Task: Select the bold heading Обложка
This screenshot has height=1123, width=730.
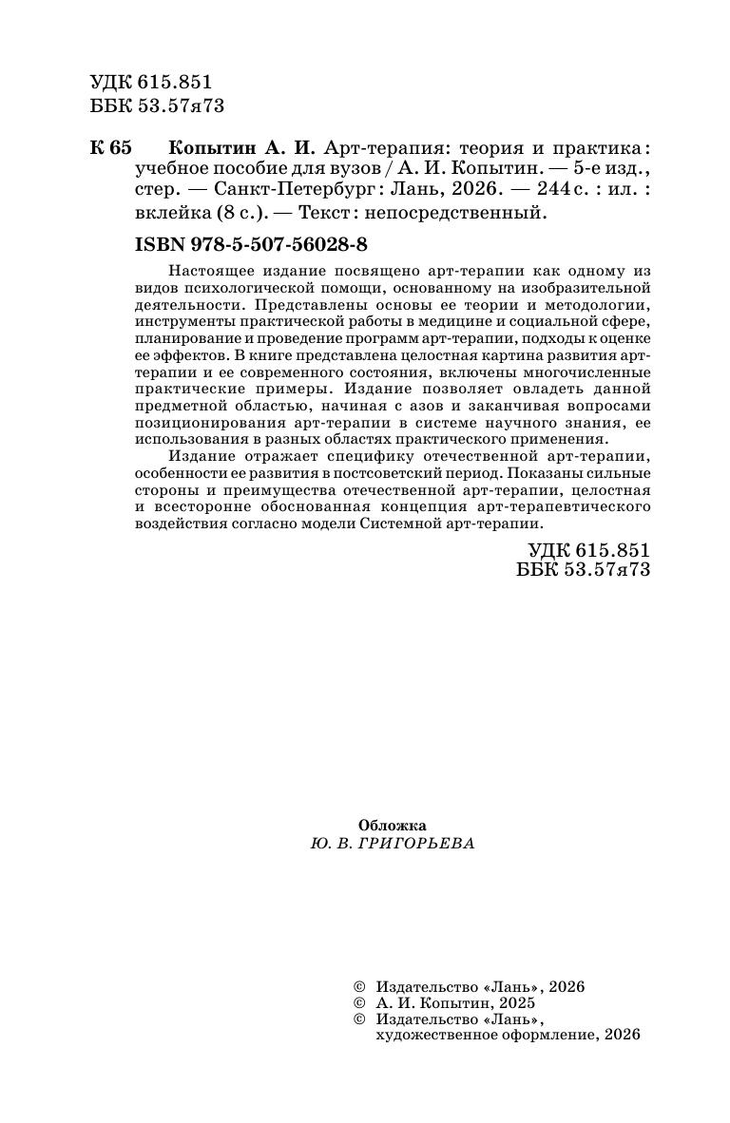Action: (393, 826)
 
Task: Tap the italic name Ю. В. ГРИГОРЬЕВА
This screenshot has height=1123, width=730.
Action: (392, 843)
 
